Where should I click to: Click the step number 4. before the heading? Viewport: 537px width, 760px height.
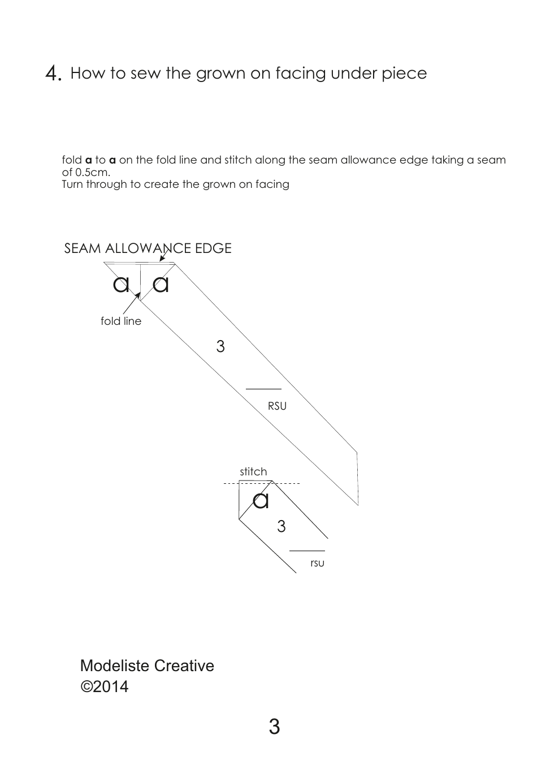coord(53,74)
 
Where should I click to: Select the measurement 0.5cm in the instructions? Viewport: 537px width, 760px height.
coord(93,172)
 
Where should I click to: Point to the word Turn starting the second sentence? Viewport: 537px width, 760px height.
coord(72,184)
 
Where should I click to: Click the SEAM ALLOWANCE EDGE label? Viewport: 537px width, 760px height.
coord(148,248)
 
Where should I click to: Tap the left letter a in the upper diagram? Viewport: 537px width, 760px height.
coord(121,284)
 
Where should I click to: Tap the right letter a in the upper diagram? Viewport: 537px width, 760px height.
coord(161,284)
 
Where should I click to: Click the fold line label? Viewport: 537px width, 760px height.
coord(121,321)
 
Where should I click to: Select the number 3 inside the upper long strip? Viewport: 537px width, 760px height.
coord(220,346)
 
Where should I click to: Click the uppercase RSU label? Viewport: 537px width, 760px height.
coord(277,406)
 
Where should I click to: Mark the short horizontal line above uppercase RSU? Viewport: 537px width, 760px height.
coord(263,389)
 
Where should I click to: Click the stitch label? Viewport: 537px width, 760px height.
coord(253,472)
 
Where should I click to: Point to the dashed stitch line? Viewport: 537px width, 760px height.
coord(285,484)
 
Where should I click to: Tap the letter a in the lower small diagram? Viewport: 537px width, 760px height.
coord(261,500)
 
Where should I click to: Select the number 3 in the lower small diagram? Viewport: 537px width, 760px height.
coord(282,527)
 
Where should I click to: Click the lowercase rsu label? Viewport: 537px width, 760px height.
coord(317,563)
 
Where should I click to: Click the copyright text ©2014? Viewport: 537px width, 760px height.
coord(105,687)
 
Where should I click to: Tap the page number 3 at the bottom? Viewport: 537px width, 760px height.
coord(274,727)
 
